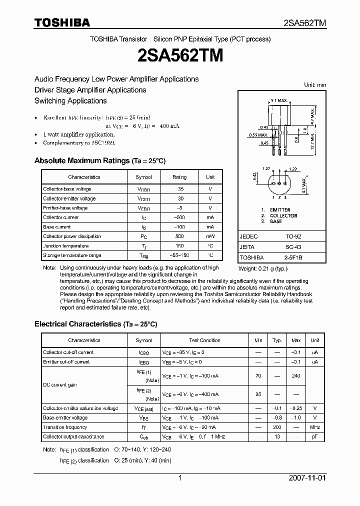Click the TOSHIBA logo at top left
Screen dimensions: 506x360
click(62, 23)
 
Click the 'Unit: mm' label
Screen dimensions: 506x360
click(315, 85)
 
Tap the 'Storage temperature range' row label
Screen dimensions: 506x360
click(72, 255)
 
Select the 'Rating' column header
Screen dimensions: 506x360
click(180, 177)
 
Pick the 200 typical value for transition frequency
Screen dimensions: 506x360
click(276, 427)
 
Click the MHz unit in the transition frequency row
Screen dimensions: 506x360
click(314, 427)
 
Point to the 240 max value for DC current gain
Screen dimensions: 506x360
click(296, 376)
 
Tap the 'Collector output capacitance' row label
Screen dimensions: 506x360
click(73, 437)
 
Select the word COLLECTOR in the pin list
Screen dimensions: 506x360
click(283, 215)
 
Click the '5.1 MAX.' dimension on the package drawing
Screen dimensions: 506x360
click(278, 100)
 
